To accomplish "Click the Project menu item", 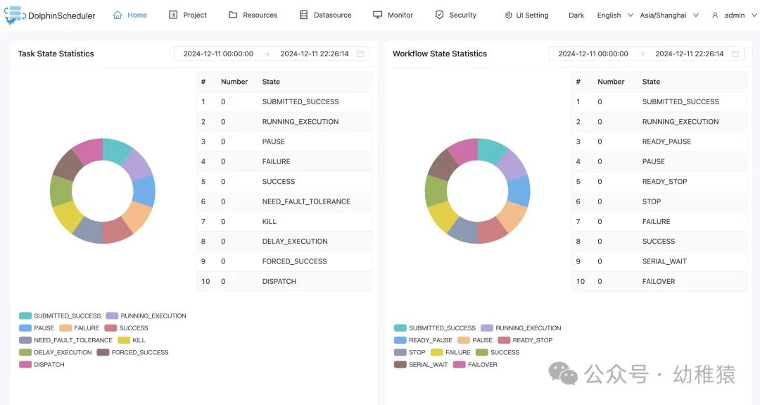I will (x=188, y=15).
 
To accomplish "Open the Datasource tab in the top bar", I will (x=325, y=15).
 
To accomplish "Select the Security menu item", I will (x=455, y=15).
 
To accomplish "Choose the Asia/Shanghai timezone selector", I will (x=669, y=15).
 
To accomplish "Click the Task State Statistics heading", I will (x=56, y=54).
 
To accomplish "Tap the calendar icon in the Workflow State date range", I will (x=735, y=54).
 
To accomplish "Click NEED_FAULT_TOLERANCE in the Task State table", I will (x=306, y=201).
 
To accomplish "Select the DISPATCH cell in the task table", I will (x=279, y=281).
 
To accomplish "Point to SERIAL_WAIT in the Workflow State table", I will (x=664, y=261).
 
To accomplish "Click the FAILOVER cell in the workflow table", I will (x=659, y=281).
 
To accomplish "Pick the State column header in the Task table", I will (x=271, y=82).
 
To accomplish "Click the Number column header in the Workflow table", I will (x=611, y=82).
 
